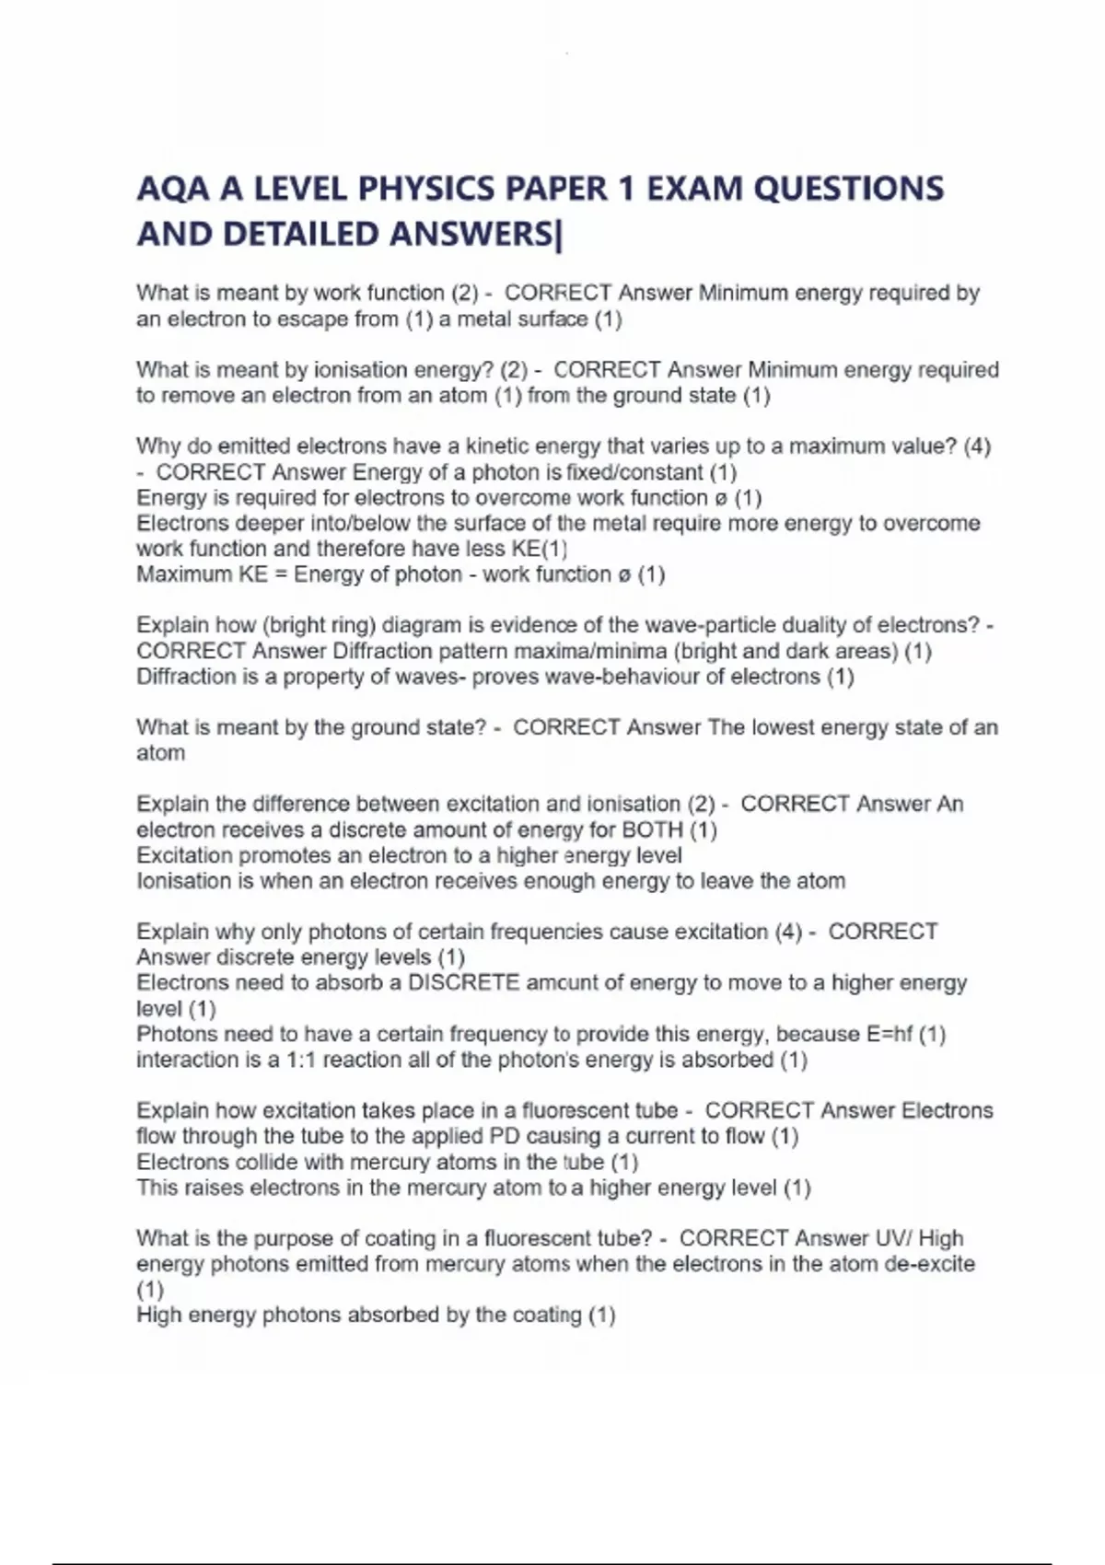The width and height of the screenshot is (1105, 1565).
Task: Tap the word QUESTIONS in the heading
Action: coord(848,189)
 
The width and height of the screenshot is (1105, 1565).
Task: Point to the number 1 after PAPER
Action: coord(627,189)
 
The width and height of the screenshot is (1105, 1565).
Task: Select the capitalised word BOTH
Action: coord(652,829)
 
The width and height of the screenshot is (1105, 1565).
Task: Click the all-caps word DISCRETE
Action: coord(463,983)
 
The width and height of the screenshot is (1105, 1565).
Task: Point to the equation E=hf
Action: coord(890,1034)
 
